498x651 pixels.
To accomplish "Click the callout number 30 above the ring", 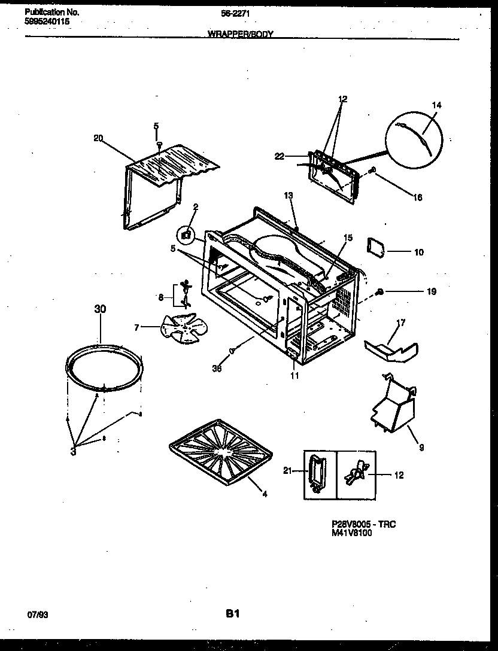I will [100, 309].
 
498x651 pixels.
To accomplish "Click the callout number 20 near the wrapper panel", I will [98, 138].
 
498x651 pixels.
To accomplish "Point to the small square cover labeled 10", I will [375, 246].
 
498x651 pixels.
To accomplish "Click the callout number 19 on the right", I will [432, 292].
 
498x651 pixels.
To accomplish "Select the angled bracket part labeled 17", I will [391, 349].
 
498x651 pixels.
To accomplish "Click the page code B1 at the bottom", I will [233, 613].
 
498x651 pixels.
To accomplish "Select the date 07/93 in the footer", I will [37, 615].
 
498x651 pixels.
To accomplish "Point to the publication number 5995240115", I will [47, 20].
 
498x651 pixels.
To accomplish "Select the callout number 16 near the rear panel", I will [417, 198].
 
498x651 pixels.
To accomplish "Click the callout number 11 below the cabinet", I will [294, 376].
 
